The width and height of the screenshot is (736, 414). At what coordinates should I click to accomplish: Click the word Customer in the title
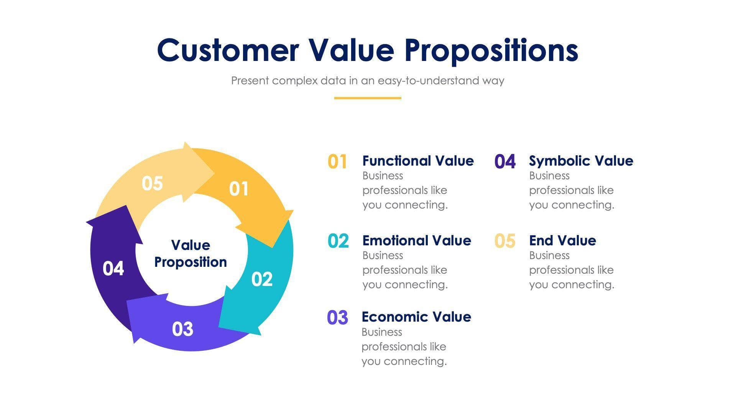(228, 51)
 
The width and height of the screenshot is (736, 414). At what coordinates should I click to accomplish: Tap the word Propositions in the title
(491, 51)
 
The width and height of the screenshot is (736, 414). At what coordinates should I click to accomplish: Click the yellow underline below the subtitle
(367, 98)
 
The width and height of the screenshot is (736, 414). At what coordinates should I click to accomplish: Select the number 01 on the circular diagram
(239, 189)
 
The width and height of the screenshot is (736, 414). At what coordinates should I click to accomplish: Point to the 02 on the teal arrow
(262, 279)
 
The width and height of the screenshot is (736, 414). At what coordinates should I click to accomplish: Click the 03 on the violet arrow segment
(182, 329)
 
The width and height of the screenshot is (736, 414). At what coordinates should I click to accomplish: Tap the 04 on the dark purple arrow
(113, 268)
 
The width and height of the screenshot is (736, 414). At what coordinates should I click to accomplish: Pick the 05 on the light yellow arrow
(152, 183)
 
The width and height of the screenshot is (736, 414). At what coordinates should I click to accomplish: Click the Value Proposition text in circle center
(191, 253)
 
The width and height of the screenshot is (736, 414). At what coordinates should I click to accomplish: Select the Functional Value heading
(418, 161)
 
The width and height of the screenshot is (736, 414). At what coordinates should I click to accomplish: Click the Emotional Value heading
(417, 240)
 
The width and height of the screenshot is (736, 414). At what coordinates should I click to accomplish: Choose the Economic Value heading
(416, 317)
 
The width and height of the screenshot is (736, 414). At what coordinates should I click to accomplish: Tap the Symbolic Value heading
(581, 161)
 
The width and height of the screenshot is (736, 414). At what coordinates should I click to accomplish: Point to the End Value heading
(562, 240)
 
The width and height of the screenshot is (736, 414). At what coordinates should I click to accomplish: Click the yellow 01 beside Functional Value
(337, 161)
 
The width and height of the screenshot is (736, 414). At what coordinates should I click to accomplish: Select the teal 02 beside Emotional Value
(338, 241)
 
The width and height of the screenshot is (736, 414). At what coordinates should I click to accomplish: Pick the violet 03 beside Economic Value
(337, 318)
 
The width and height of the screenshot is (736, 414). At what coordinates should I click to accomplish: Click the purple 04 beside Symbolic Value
(505, 161)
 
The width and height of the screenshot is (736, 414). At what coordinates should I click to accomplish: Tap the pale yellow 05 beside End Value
(505, 241)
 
